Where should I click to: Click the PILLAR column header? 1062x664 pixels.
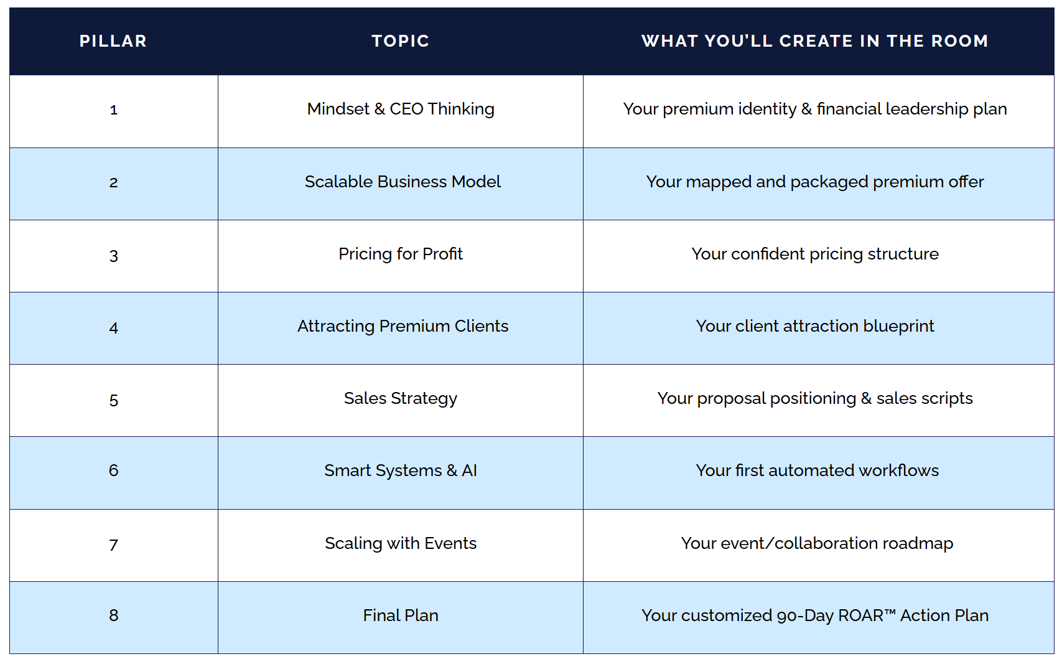click(113, 41)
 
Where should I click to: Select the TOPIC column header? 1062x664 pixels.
click(401, 41)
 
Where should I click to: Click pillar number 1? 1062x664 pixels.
click(113, 110)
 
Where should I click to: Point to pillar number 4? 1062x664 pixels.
click(113, 327)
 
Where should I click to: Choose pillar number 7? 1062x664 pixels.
click(113, 545)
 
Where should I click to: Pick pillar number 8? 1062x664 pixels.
click(113, 615)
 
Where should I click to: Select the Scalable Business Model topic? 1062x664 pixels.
click(403, 182)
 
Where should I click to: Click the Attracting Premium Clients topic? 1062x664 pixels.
click(403, 326)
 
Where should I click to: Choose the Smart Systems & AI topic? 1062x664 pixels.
click(401, 470)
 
